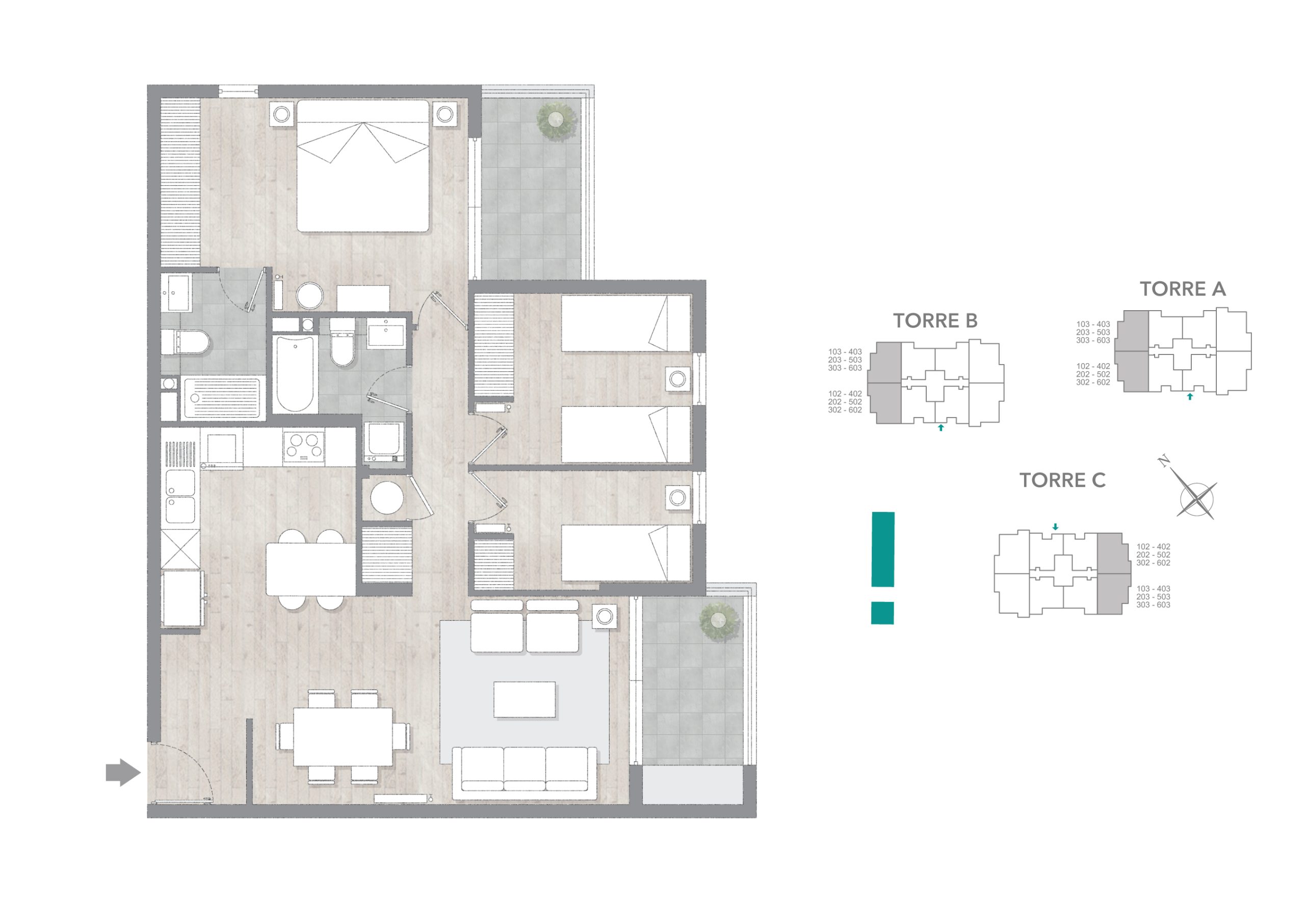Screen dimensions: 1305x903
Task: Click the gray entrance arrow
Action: pyautogui.click(x=123, y=772)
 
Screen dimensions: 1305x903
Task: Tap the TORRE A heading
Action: pyautogui.click(x=1183, y=289)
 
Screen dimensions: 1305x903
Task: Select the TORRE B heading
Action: pyautogui.click(x=935, y=321)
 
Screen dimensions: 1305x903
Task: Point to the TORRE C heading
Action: pyautogui.click(x=1062, y=480)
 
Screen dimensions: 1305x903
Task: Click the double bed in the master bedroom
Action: pyautogui.click(x=363, y=166)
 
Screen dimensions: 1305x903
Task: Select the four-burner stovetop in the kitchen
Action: pyautogui.click(x=304, y=446)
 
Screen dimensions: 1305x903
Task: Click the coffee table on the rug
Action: pyautogui.click(x=524, y=700)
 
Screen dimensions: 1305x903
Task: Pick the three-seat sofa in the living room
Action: pyautogui.click(x=524, y=773)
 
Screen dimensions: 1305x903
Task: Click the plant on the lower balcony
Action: pyautogui.click(x=718, y=622)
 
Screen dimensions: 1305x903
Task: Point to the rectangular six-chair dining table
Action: pyautogui.click(x=343, y=736)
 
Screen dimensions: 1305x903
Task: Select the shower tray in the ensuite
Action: pyautogui.click(x=221, y=399)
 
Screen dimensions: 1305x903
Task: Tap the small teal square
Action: pyautogui.click(x=882, y=613)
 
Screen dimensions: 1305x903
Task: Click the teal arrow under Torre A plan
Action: pyautogui.click(x=1189, y=397)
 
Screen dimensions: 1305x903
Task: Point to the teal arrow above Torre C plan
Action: pyautogui.click(x=1055, y=527)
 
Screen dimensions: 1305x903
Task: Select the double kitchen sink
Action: pyautogui.click(x=180, y=496)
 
